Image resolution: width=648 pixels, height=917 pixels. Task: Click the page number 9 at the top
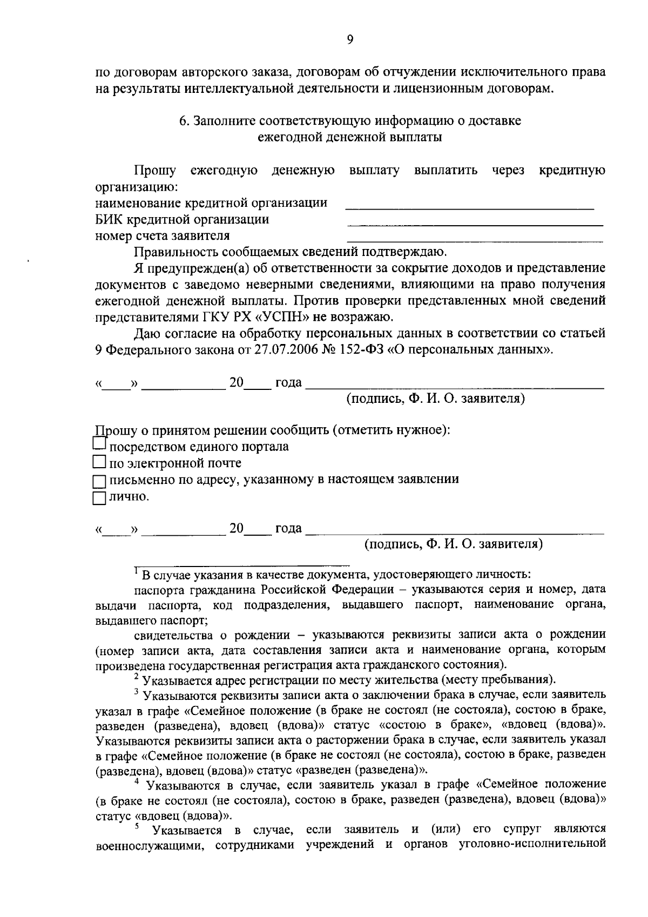click(350, 39)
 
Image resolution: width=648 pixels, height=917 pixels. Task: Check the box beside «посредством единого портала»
click(99, 444)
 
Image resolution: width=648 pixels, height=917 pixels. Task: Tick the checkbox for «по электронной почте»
click(99, 462)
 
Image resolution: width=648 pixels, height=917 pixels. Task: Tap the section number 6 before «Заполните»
click(183, 120)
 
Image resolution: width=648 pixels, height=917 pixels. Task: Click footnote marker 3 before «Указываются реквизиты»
click(137, 691)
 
